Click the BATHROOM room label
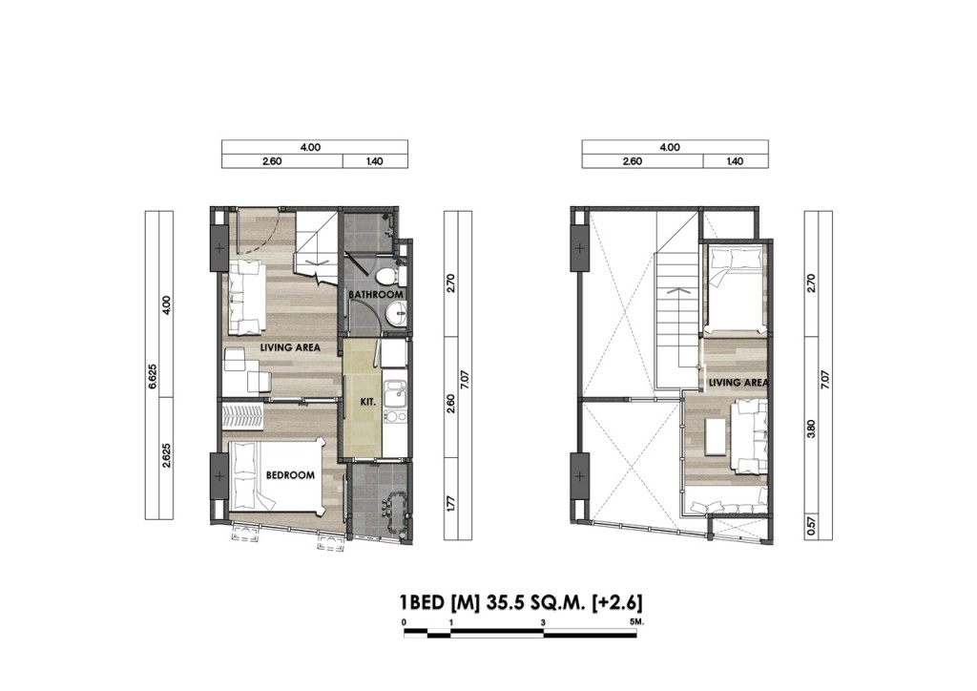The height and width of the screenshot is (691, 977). tap(375, 295)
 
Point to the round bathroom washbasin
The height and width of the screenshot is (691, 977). tap(398, 310)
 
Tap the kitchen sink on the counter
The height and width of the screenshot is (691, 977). tap(391, 390)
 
